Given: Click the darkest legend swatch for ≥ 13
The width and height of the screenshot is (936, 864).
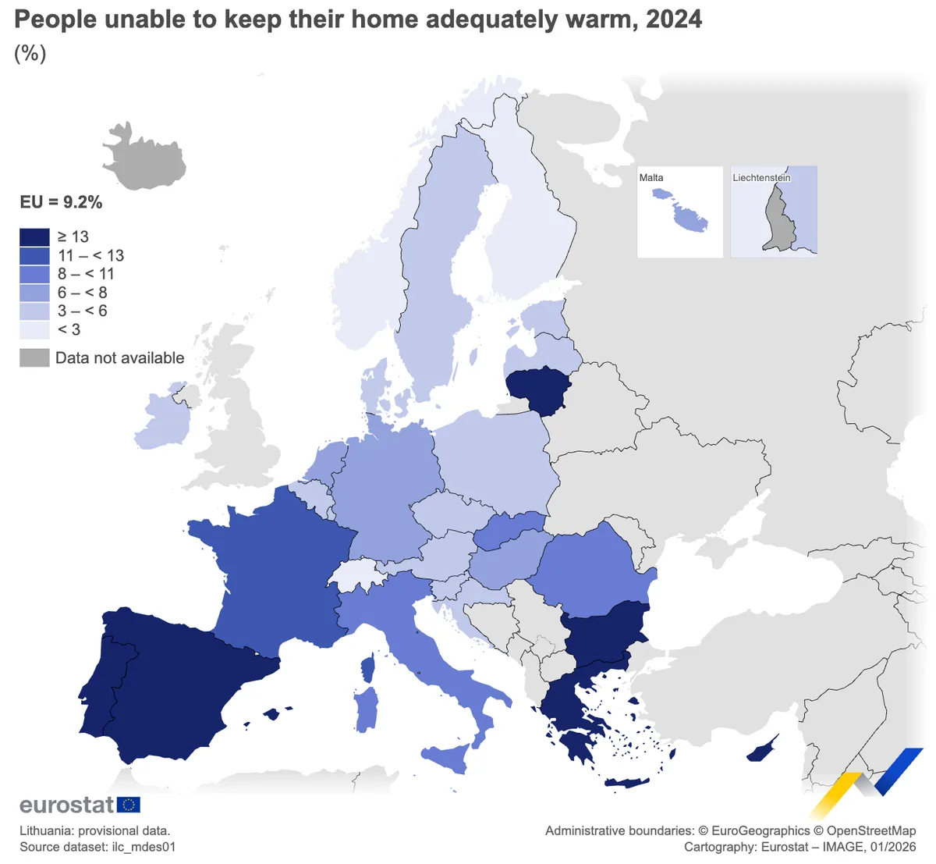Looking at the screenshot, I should pos(34,236).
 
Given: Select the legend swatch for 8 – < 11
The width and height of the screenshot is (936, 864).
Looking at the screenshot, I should pos(34,274).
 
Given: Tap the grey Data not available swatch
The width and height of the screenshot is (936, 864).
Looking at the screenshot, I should pos(34,358).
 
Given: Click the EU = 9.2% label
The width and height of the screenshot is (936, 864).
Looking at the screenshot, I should pos(61,202).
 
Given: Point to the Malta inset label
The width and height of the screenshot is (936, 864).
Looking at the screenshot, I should pos(651,178).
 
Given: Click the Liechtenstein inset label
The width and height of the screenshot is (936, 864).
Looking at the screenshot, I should pos(761,178).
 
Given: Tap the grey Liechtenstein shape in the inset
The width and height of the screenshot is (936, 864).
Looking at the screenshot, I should pos(777,222).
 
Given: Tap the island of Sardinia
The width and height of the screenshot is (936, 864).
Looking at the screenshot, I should pos(367,709).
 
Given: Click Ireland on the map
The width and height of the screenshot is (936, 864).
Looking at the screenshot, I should pos(162,421).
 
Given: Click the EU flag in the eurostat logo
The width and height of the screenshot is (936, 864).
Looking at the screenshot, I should pos(128,805).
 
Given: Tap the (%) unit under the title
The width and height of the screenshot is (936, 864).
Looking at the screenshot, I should pos(30,53).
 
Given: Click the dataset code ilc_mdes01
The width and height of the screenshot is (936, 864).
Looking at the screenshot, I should pos(143,847).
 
